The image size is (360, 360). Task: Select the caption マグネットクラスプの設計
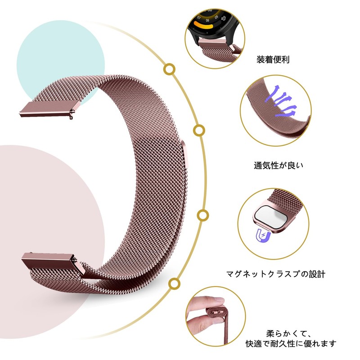(x=276, y=273)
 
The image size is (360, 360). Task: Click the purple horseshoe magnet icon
(x=261, y=234)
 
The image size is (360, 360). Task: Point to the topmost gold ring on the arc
(x=169, y=69)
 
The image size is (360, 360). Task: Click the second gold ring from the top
(x=198, y=130)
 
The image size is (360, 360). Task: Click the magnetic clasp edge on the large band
(x=184, y=155)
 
